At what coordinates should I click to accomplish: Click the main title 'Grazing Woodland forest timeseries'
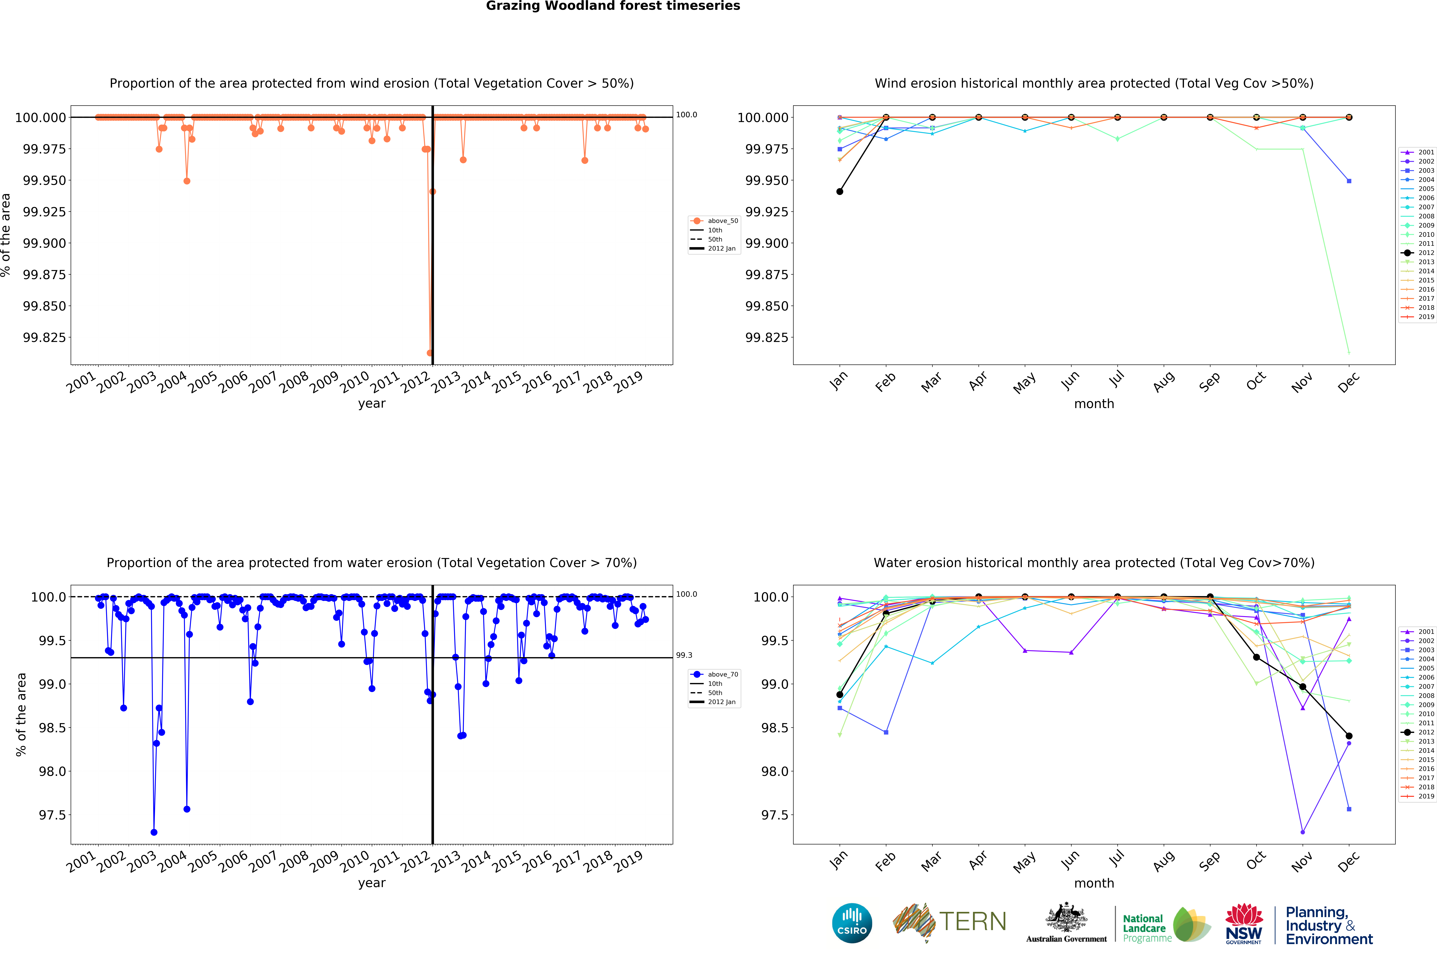coord(613,6)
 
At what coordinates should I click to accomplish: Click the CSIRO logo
coord(852,923)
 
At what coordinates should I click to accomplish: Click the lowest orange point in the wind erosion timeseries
coord(430,353)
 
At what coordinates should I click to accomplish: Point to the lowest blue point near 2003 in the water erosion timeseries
coord(154,832)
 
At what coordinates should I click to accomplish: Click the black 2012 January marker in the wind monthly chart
coord(839,192)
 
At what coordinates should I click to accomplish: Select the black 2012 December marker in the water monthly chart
coord(1349,736)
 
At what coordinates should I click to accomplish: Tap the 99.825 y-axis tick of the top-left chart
coord(44,337)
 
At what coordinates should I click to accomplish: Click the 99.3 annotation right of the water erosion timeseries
coord(684,655)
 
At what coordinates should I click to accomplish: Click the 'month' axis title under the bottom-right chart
coord(1093,883)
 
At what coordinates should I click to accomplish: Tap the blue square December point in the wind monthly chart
coord(1349,181)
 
